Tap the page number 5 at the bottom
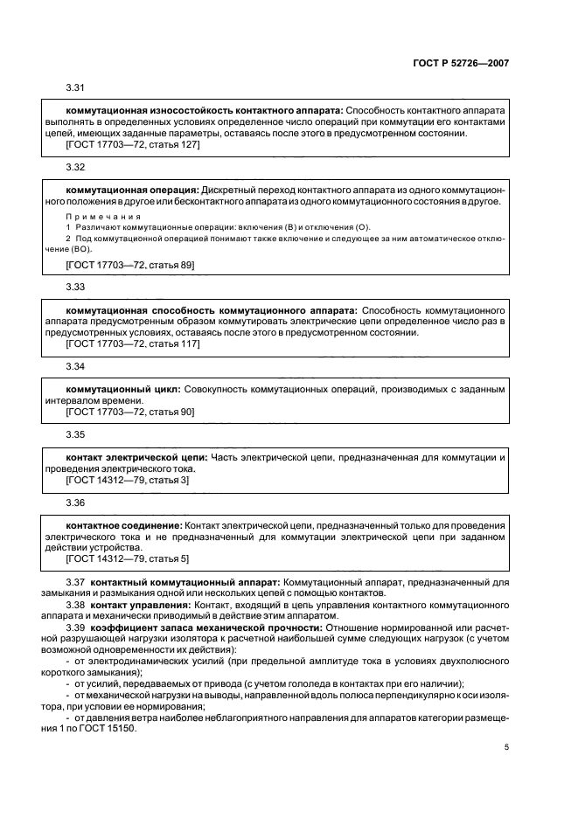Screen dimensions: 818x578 point(507,747)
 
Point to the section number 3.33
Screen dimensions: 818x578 point(76,287)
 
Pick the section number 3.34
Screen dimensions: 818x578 point(76,366)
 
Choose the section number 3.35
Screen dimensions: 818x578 point(76,433)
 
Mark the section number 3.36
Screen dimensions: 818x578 point(76,503)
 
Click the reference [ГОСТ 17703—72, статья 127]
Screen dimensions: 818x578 point(133,143)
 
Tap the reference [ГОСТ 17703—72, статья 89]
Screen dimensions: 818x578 point(130,264)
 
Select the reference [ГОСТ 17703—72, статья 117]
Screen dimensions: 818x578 point(133,343)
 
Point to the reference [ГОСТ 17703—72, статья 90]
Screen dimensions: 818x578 point(130,411)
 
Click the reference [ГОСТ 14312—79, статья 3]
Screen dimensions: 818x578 point(128,480)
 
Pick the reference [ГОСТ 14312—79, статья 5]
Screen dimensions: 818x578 point(128,558)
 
